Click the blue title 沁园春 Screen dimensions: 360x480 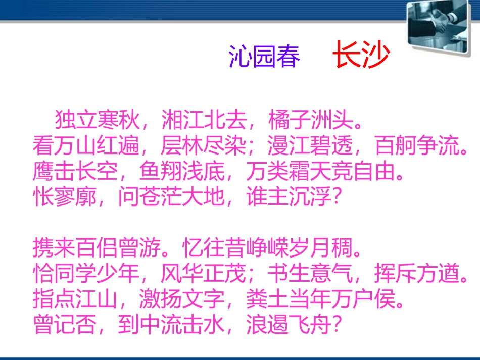click(x=264, y=57)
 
